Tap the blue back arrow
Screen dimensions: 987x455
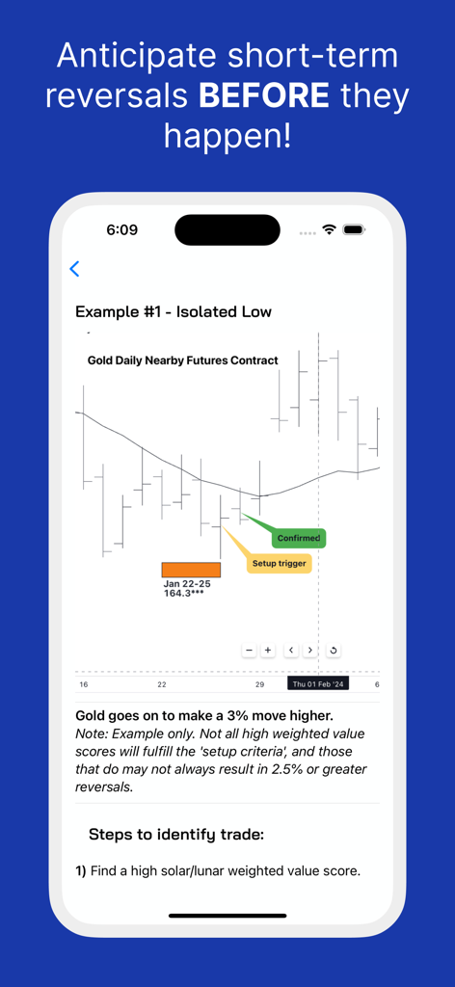tap(75, 269)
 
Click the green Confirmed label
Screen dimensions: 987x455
tap(298, 538)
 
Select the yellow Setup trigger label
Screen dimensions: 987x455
tap(279, 563)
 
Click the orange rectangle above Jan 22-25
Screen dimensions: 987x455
tap(191, 570)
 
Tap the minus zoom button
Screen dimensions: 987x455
tap(249, 651)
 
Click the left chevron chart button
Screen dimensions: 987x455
tap(291, 651)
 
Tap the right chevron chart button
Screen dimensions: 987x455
tap(310, 651)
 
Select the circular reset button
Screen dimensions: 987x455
tap(334, 651)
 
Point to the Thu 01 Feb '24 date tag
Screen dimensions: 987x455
tap(319, 683)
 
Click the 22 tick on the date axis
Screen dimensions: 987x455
tap(162, 684)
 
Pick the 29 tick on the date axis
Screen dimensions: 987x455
tap(259, 684)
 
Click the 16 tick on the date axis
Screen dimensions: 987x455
tap(84, 684)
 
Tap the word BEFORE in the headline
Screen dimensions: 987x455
tap(264, 95)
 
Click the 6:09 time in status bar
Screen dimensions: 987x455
tap(122, 230)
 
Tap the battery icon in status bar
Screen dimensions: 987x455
tap(353, 230)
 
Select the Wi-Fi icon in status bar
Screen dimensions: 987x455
tap(329, 230)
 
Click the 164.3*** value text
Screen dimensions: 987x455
tap(183, 594)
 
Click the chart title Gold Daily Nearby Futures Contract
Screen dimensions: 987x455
tap(182, 360)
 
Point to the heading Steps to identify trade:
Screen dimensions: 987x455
tap(176, 835)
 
